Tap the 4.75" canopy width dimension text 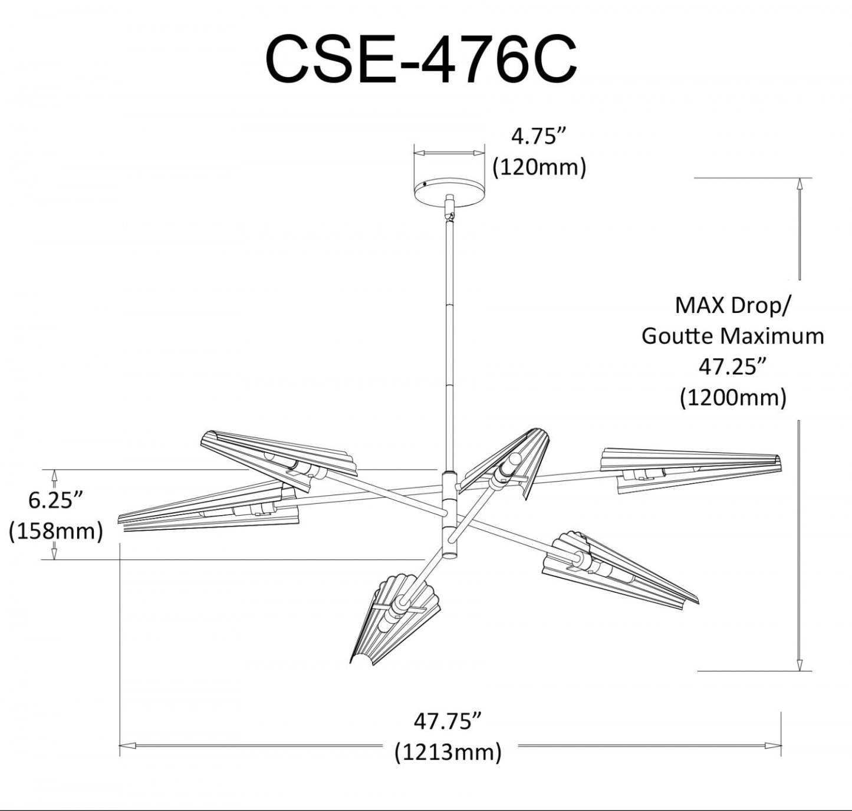(x=539, y=137)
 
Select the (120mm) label (x=539, y=167)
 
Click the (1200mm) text (x=733, y=397)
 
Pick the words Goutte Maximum (x=733, y=337)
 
